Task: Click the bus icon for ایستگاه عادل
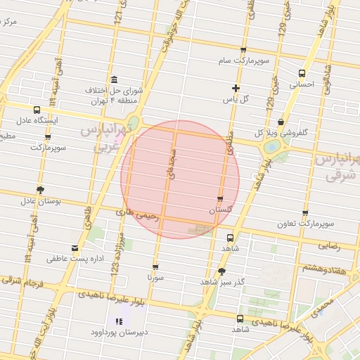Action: point(37,110)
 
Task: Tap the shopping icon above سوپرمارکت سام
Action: point(243,50)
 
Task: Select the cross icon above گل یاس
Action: point(236,88)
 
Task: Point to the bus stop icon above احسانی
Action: point(302,73)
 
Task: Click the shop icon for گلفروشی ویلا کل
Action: point(281,122)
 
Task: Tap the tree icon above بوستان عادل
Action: point(40,189)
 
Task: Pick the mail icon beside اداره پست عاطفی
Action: point(75,247)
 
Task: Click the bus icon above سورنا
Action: point(155,266)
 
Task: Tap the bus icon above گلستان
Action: point(221,199)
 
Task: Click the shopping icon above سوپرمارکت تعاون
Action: point(305,213)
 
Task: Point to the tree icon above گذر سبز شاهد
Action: point(222,271)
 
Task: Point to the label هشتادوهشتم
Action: point(325,268)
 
